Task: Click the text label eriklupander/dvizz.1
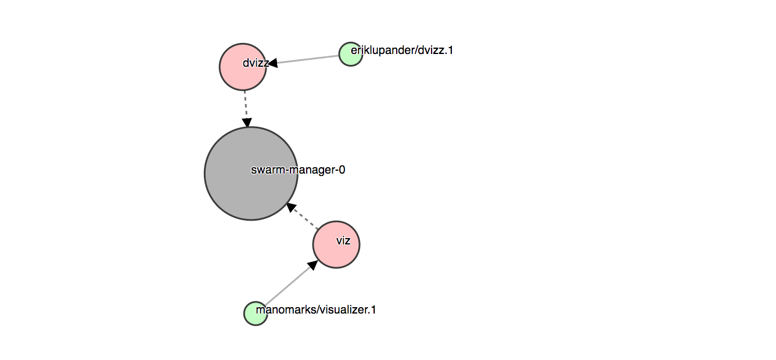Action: [402, 50]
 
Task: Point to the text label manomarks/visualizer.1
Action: [316, 309]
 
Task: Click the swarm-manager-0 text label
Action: [298, 170]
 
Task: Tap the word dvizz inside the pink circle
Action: [256, 63]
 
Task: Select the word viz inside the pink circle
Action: [343, 240]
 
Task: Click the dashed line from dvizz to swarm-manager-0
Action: [246, 105]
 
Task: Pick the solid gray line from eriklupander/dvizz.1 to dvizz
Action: [308, 59]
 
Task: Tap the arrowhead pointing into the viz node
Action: [312, 265]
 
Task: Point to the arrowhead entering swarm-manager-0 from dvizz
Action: [247, 123]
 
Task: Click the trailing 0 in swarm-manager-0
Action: [342, 170]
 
